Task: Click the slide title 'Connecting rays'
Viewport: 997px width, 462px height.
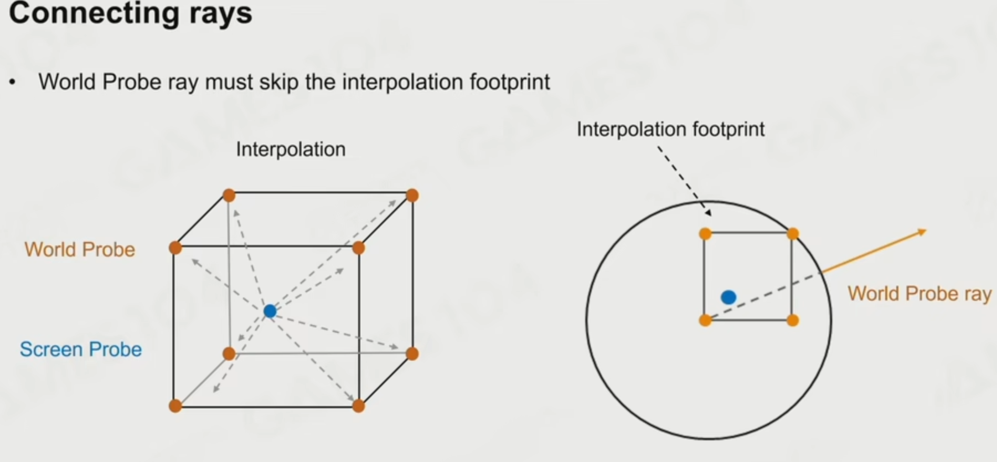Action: [x=131, y=13]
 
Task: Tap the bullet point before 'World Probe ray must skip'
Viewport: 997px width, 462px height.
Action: [x=13, y=83]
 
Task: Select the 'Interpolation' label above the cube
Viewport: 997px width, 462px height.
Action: [x=291, y=149]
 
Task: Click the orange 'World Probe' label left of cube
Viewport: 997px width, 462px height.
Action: [x=80, y=249]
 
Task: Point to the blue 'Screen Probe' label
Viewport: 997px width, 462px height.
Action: [x=81, y=349]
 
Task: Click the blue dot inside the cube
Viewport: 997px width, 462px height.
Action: [x=270, y=311]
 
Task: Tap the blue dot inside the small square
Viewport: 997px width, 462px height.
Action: [x=729, y=297]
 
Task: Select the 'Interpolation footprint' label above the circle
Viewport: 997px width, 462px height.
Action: [x=670, y=129]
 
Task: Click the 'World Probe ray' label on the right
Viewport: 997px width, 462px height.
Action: [x=919, y=294]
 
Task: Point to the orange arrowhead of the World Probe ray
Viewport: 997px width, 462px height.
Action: [x=922, y=232]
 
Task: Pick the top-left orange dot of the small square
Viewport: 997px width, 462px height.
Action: [x=705, y=234]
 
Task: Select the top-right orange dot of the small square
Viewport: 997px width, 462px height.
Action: [x=793, y=234]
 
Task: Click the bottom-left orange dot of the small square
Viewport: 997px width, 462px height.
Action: [x=705, y=320]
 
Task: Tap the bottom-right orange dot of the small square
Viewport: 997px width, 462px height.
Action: [x=793, y=320]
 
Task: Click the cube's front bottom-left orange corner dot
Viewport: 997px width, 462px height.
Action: [x=175, y=406]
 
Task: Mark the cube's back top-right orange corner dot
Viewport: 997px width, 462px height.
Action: [x=412, y=196]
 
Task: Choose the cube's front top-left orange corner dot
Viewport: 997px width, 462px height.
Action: [x=175, y=248]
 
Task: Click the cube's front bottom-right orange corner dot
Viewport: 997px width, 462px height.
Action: [x=358, y=406]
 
